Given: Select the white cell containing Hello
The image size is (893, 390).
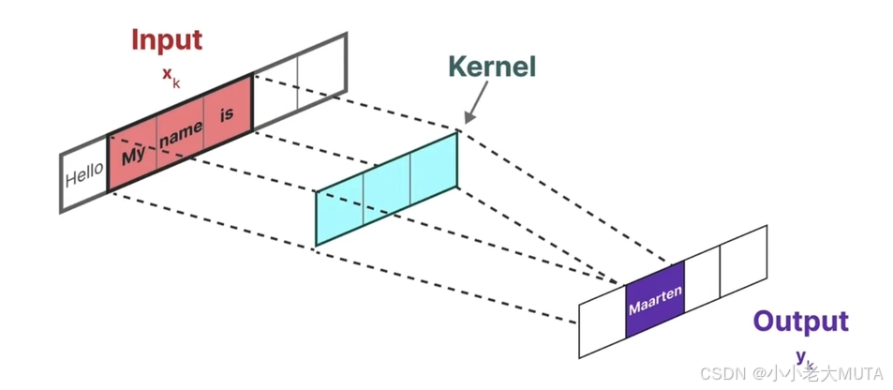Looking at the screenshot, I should (x=84, y=175).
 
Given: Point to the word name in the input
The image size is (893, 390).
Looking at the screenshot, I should (x=181, y=133).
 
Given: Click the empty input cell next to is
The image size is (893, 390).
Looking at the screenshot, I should (x=276, y=95).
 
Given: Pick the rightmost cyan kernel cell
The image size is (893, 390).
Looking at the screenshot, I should (x=434, y=166).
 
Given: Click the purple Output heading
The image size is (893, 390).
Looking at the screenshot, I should (x=800, y=322).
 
